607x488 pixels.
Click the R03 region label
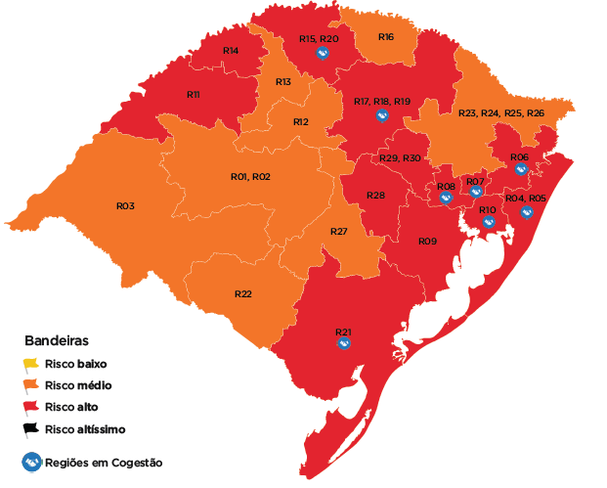pyautogui.click(x=125, y=206)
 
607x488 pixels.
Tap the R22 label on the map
pyautogui.click(x=243, y=294)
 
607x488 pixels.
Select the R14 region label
pyautogui.click(x=231, y=50)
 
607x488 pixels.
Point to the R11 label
pyautogui.click(x=193, y=95)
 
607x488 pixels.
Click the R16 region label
pyautogui.click(x=386, y=37)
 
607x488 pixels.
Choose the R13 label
pyautogui.click(x=283, y=81)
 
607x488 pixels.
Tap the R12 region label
pyautogui.click(x=301, y=122)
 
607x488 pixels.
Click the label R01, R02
pyautogui.click(x=250, y=177)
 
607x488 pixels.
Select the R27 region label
pyautogui.click(x=338, y=232)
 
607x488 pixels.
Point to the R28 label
pyautogui.click(x=375, y=196)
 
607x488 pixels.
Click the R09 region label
pyautogui.click(x=427, y=241)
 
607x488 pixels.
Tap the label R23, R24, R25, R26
pyautogui.click(x=501, y=113)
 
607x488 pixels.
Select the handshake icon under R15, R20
pyautogui.click(x=322, y=54)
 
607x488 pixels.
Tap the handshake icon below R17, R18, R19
pyautogui.click(x=381, y=116)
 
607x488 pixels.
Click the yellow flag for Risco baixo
pyautogui.click(x=31, y=366)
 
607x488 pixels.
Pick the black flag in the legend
pyautogui.click(x=31, y=428)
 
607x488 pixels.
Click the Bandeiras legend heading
pyautogui.click(x=57, y=342)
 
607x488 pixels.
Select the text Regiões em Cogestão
pyautogui.click(x=104, y=463)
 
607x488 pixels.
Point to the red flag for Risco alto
pyautogui.click(x=31, y=407)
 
